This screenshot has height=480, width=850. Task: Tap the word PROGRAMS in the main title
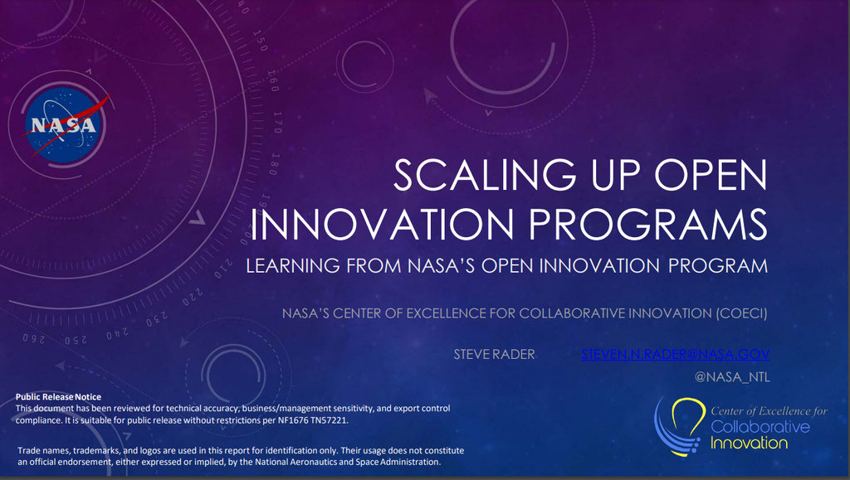[647, 224]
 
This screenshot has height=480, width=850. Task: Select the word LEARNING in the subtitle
[293, 266]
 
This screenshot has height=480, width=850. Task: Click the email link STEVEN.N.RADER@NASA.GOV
[675, 354]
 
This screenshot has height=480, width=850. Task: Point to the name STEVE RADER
[495, 355]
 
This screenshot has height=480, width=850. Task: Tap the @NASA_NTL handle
[732, 376]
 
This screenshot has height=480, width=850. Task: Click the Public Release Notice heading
[58, 396]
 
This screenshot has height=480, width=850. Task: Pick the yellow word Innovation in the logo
[750, 443]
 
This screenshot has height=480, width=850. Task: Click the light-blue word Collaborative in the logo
[760, 426]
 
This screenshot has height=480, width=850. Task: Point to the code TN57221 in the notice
[329, 420]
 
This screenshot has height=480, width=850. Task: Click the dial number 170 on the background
[277, 123]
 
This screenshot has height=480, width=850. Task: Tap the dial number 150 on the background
[260, 41]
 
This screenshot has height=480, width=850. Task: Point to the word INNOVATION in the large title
[382, 224]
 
